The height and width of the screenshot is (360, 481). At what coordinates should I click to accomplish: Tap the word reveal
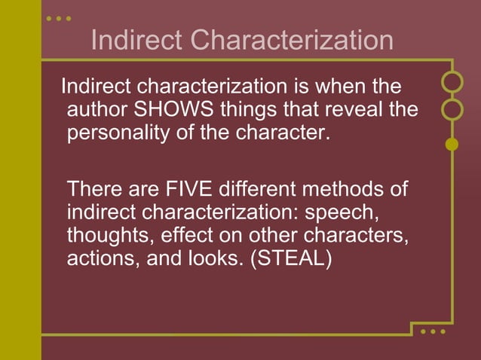coord(359,110)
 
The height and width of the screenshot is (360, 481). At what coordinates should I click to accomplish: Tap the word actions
coord(96,259)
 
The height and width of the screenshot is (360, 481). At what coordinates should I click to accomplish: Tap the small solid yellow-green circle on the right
coord(452,144)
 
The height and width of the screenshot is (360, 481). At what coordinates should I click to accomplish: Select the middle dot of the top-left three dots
coord(59,17)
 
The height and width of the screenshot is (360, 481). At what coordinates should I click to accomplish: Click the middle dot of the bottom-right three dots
coord(433,331)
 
